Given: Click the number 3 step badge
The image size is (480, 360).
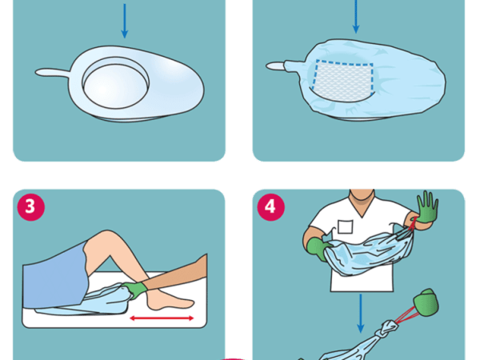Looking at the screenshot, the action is pyautogui.click(x=31, y=207).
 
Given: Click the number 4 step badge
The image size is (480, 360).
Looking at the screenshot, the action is pyautogui.click(x=270, y=207).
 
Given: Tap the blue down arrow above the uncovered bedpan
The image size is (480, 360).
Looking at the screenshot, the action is pyautogui.click(x=124, y=21).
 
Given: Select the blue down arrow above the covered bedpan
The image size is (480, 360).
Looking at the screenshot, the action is pyautogui.click(x=356, y=17).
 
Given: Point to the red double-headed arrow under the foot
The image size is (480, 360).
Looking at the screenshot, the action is pyautogui.click(x=162, y=318).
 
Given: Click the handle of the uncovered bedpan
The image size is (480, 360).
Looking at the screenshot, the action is pyautogui.click(x=53, y=73).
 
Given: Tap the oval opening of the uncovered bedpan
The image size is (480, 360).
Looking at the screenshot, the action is pyautogui.click(x=116, y=82).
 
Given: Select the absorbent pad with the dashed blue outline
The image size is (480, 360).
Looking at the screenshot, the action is pyautogui.click(x=343, y=81).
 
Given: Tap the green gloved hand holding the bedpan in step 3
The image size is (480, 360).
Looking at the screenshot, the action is pyautogui.click(x=134, y=290).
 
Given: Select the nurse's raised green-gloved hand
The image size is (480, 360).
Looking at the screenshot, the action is pyautogui.click(x=427, y=207).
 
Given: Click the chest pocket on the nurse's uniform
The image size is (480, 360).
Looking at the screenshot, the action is pyautogui.click(x=346, y=226).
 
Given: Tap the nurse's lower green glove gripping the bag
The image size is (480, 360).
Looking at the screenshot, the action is pyautogui.click(x=318, y=249).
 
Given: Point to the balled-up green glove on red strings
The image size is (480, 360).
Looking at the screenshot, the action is pyautogui.click(x=426, y=302).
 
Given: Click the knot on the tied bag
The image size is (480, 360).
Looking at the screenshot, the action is pyautogui.click(x=389, y=328).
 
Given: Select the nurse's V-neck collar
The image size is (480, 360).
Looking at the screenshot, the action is pyautogui.click(x=362, y=206).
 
